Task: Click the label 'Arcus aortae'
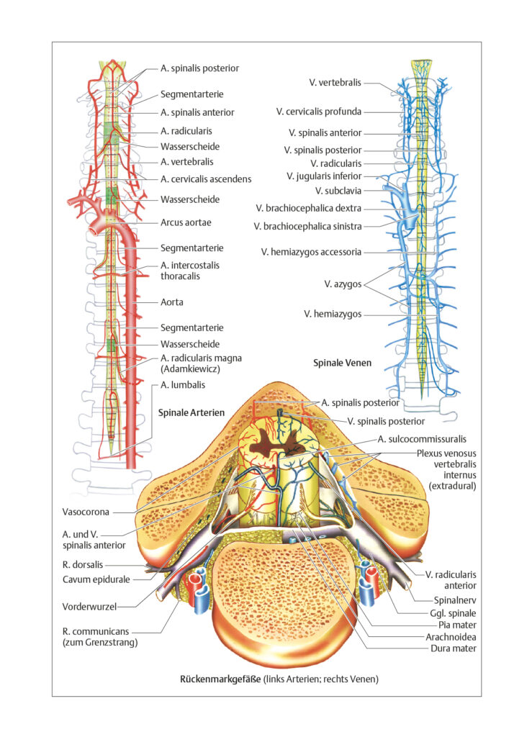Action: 186,222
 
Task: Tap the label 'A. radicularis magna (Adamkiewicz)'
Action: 201,363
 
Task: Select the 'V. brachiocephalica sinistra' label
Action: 308,227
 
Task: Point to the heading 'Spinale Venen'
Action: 342,363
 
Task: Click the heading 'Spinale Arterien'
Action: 191,412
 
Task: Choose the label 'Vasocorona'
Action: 86,512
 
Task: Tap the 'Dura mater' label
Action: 454,648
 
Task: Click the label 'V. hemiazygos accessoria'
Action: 311,252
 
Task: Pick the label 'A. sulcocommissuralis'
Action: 422,439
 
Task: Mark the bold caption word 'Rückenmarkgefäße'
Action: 220,679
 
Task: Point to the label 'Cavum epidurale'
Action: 96,579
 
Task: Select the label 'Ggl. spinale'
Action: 453,613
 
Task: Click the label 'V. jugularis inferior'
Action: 324,176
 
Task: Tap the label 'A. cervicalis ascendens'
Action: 206,179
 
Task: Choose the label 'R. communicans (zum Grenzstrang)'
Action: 100,637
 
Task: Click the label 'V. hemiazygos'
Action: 333,314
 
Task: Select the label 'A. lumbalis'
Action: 183,385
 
